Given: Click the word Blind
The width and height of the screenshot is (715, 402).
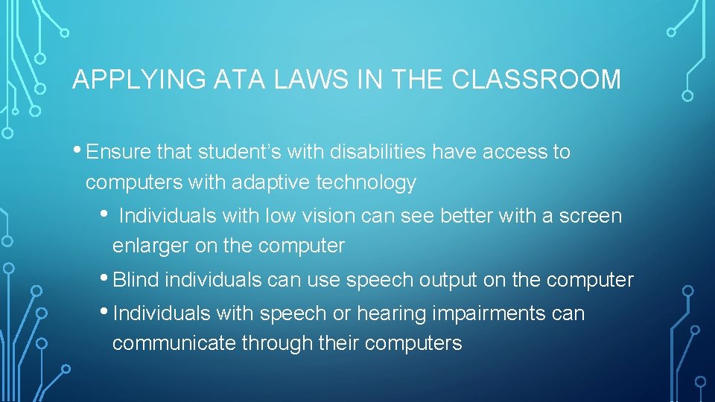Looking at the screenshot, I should [x=136, y=280].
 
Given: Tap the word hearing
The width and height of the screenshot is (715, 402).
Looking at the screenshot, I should [x=395, y=313].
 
